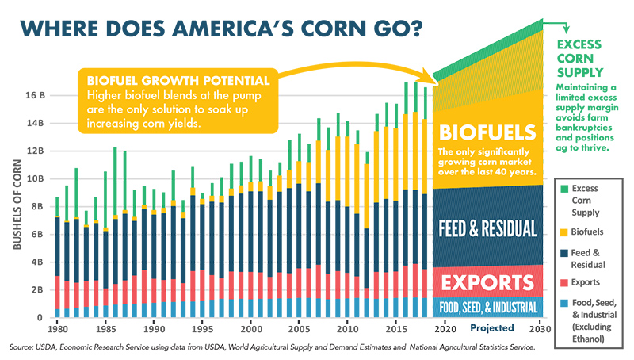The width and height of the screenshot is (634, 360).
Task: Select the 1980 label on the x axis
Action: click(56, 328)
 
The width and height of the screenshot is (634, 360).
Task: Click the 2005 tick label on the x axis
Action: click(298, 328)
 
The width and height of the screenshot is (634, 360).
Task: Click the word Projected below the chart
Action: click(491, 328)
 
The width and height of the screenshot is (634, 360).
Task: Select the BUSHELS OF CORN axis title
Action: click(17, 205)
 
